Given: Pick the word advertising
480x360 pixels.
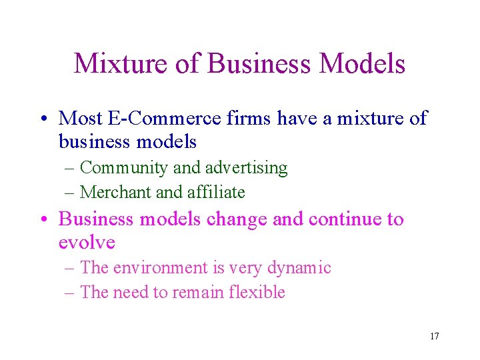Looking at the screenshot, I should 249,168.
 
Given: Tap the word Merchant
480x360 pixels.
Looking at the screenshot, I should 115,193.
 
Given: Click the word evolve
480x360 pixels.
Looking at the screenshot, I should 87,242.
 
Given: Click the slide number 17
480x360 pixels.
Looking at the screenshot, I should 434,336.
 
